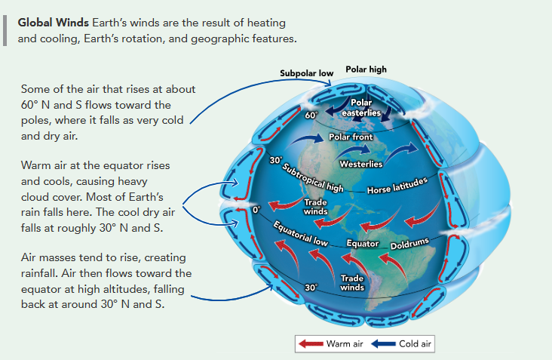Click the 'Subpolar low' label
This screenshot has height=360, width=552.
[x=306, y=73]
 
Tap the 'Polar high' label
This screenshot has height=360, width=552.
[x=366, y=69]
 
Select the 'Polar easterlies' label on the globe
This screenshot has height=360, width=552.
[x=361, y=107]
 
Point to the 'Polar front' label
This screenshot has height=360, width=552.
[x=351, y=137]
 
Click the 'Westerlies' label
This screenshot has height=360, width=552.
[x=361, y=164]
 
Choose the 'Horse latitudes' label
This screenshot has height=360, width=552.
[x=397, y=186]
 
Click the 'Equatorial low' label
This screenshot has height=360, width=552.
[x=300, y=233]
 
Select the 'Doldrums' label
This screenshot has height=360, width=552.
[x=409, y=244]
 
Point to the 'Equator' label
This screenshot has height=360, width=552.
[x=363, y=244]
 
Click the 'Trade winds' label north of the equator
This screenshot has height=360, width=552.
[x=315, y=207]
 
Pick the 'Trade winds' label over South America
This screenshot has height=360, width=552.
[x=352, y=283]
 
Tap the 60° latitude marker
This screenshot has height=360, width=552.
[x=311, y=115]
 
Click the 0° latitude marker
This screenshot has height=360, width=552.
[x=256, y=210]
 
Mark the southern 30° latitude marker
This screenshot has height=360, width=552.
[x=311, y=288]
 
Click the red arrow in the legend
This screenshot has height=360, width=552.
[x=311, y=344]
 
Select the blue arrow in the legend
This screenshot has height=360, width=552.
[x=383, y=344]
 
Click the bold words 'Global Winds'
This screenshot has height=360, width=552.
[x=53, y=23]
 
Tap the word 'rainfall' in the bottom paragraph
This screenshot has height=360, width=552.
[x=38, y=273]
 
